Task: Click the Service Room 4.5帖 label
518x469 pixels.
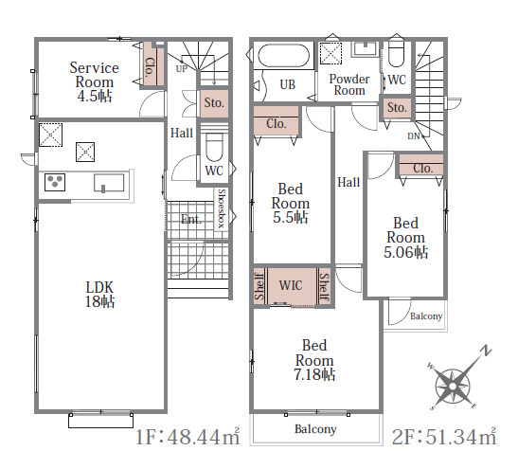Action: coord(94,82)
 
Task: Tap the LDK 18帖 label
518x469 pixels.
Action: coord(99,294)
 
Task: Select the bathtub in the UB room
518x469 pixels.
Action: coord(284,56)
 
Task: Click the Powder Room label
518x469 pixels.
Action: coord(349,84)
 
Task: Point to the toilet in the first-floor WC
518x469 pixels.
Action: coord(214,147)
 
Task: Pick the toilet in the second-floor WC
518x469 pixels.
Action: coord(396,51)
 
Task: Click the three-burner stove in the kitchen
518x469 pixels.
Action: coord(55,183)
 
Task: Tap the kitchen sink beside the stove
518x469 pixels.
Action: coord(109,183)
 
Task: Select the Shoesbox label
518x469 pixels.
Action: coord(222,208)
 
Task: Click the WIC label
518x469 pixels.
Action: coord(291,285)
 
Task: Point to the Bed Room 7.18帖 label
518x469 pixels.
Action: coord(314,360)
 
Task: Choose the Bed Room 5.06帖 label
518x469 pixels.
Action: coord(405,238)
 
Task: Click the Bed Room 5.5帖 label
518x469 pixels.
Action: coord(291,204)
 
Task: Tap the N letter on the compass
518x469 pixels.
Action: coord(486,351)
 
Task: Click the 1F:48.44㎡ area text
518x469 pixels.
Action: coord(188,436)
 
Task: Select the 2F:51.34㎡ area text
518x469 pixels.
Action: coord(444,436)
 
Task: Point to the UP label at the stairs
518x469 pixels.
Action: coord(182,69)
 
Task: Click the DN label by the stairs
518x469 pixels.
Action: coord(413,135)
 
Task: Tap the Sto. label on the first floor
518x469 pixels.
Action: coord(214,102)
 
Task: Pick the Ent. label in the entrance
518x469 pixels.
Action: coord(191,219)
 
